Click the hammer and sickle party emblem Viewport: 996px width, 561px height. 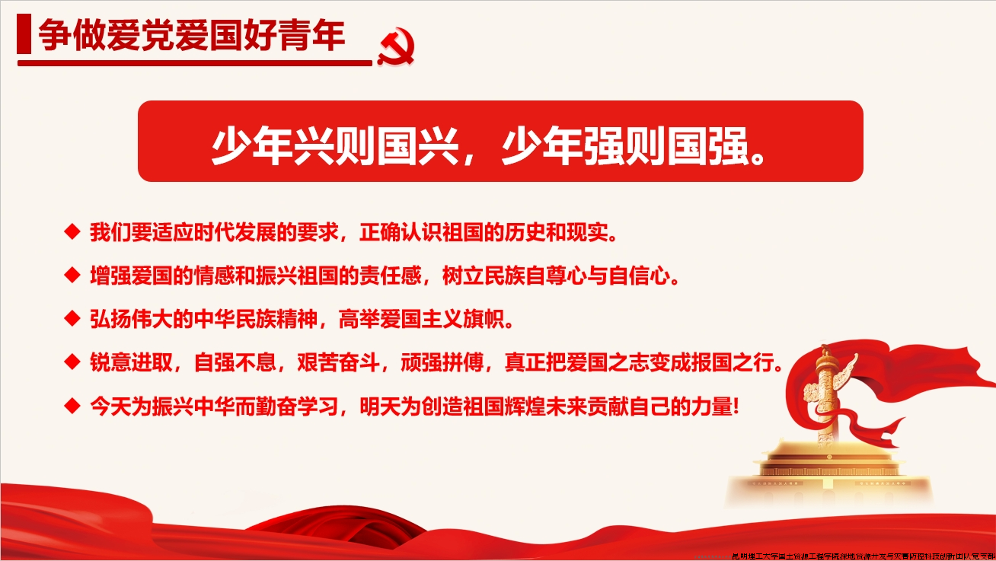point(395,47)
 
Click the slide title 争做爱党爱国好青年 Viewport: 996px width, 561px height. point(192,36)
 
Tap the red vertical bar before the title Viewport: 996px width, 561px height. point(24,36)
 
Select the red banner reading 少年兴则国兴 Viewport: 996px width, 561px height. point(500,142)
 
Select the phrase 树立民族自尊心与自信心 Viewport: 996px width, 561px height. point(560,275)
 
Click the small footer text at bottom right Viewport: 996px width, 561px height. point(860,556)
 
